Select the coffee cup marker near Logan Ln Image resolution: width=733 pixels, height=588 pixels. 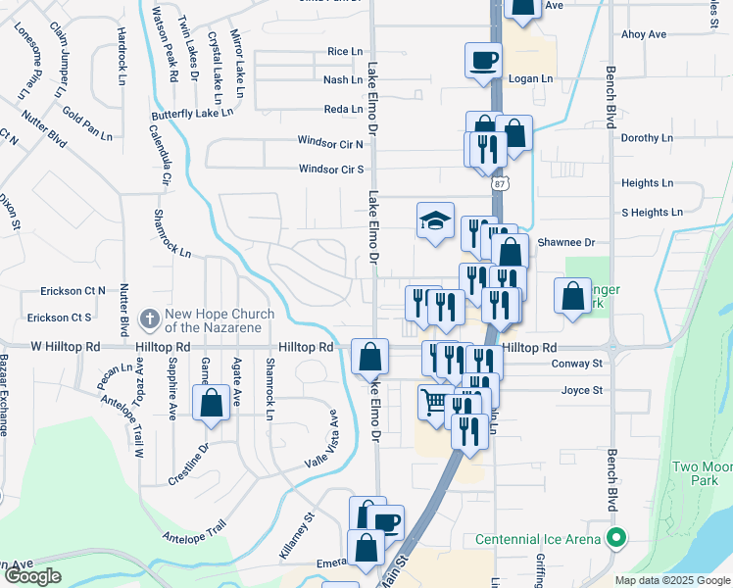[483, 60]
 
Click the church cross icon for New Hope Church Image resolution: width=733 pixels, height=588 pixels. [149, 318]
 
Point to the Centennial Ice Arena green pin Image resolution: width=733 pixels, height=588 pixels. [615, 538]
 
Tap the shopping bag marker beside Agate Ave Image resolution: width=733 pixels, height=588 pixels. [211, 403]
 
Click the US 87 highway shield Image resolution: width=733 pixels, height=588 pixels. [501, 184]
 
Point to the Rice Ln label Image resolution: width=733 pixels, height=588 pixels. [345, 51]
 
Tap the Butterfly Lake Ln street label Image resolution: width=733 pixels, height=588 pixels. [191, 114]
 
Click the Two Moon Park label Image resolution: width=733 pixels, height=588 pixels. [704, 474]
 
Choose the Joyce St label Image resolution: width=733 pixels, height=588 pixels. [582, 390]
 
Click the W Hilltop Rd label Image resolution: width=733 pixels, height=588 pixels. [66, 347]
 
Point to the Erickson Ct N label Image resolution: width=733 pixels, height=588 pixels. [73, 291]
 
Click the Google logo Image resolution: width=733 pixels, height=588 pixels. [32, 576]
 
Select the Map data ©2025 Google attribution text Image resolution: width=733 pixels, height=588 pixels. [673, 580]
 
